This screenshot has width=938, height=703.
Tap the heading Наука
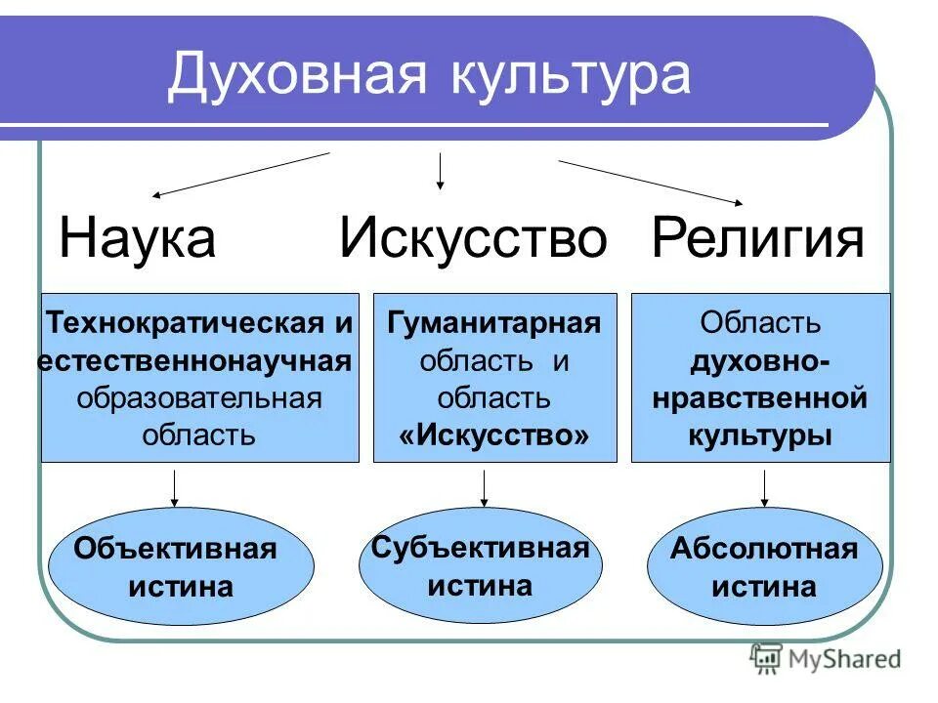137,238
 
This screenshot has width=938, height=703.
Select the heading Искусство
473,238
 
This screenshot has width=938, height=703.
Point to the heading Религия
758,238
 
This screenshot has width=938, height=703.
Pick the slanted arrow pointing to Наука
240,175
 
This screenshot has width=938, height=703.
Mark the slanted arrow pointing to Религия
650,182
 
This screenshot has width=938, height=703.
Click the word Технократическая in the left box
187,321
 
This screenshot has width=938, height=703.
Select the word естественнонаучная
195,359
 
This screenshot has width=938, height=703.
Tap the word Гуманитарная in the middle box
494,321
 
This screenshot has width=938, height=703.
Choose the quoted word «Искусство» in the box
494,434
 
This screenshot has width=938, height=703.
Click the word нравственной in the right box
760,397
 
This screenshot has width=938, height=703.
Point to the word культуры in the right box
760,434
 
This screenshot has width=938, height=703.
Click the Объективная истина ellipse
181,566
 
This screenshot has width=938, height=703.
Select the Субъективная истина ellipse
480,566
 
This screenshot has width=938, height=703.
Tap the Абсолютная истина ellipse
764,566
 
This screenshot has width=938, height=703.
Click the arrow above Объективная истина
175,487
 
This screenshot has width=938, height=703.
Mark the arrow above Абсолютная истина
764,487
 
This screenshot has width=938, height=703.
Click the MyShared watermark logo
826,659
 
